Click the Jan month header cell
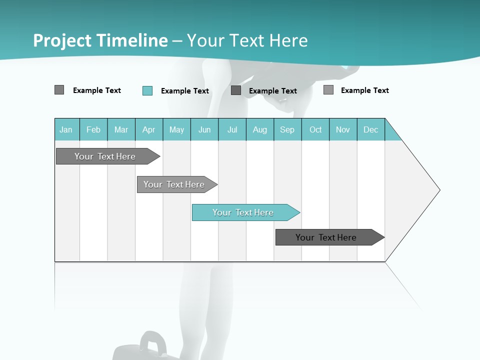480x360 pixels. [66, 129]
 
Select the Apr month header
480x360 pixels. [149, 129]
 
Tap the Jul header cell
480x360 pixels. [232, 129]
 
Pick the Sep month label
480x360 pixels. [287, 129]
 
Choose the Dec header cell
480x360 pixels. [370, 129]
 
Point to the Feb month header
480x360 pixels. [93, 129]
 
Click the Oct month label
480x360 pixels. [315, 129]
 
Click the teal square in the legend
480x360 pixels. [147, 90]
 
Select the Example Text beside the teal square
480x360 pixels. [185, 91]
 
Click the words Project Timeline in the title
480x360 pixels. [100, 40]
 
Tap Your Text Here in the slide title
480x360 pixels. [247, 40]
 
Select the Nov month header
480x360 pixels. [343, 129]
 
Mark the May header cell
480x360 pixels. [176, 129]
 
